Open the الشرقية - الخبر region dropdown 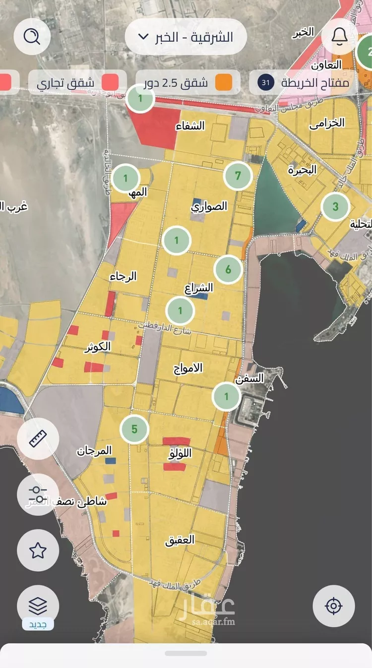click(186, 37)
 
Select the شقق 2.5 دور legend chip click(188, 82)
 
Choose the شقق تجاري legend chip click(74, 82)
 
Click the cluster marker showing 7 click(238, 176)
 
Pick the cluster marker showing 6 click(228, 270)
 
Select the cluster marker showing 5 click(134, 429)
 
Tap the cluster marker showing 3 click(335, 207)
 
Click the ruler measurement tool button click(38, 439)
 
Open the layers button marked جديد click(38, 606)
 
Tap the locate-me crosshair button click(333, 606)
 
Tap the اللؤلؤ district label click(180, 453)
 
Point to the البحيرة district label click(302, 170)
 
